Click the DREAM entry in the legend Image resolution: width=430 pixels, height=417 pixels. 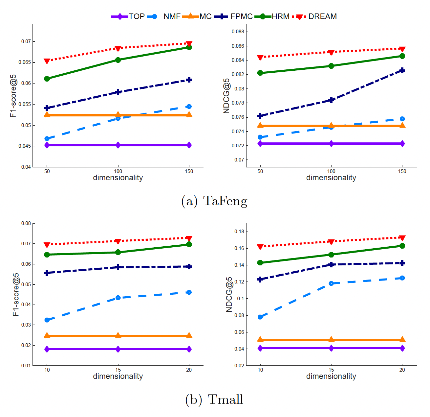coord(322,16)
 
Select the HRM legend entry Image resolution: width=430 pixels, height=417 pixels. coord(280,16)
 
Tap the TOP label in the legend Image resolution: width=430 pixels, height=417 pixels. coord(136,16)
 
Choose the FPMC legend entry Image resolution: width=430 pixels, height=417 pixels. coord(241,16)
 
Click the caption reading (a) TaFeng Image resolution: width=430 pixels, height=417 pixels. coord(214,201)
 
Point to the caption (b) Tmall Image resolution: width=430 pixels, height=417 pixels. coord(214,400)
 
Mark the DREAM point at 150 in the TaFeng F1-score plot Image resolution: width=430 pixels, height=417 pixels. coord(189,44)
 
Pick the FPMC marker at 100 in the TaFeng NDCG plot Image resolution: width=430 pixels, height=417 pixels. coord(331,100)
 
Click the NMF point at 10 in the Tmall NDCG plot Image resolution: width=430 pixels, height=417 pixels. coord(260,317)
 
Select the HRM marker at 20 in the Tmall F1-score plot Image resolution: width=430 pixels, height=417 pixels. coord(189,244)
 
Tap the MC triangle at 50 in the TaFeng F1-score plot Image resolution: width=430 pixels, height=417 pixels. coord(47,114)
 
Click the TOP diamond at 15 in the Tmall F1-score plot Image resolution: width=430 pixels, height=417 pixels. coord(118,349)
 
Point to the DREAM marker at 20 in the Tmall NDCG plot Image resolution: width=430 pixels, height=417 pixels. coord(402,237)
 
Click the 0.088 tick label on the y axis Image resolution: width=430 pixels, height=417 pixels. coord(238,32)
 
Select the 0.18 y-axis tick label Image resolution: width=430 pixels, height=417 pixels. coord(239,232)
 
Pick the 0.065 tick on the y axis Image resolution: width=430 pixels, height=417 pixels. coord(26,62)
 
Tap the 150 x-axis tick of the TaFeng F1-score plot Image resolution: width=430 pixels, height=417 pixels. coord(189,171)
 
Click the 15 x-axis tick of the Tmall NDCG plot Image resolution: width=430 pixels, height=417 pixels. coord(331,370)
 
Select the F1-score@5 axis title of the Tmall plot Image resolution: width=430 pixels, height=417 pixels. coord(16,295)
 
